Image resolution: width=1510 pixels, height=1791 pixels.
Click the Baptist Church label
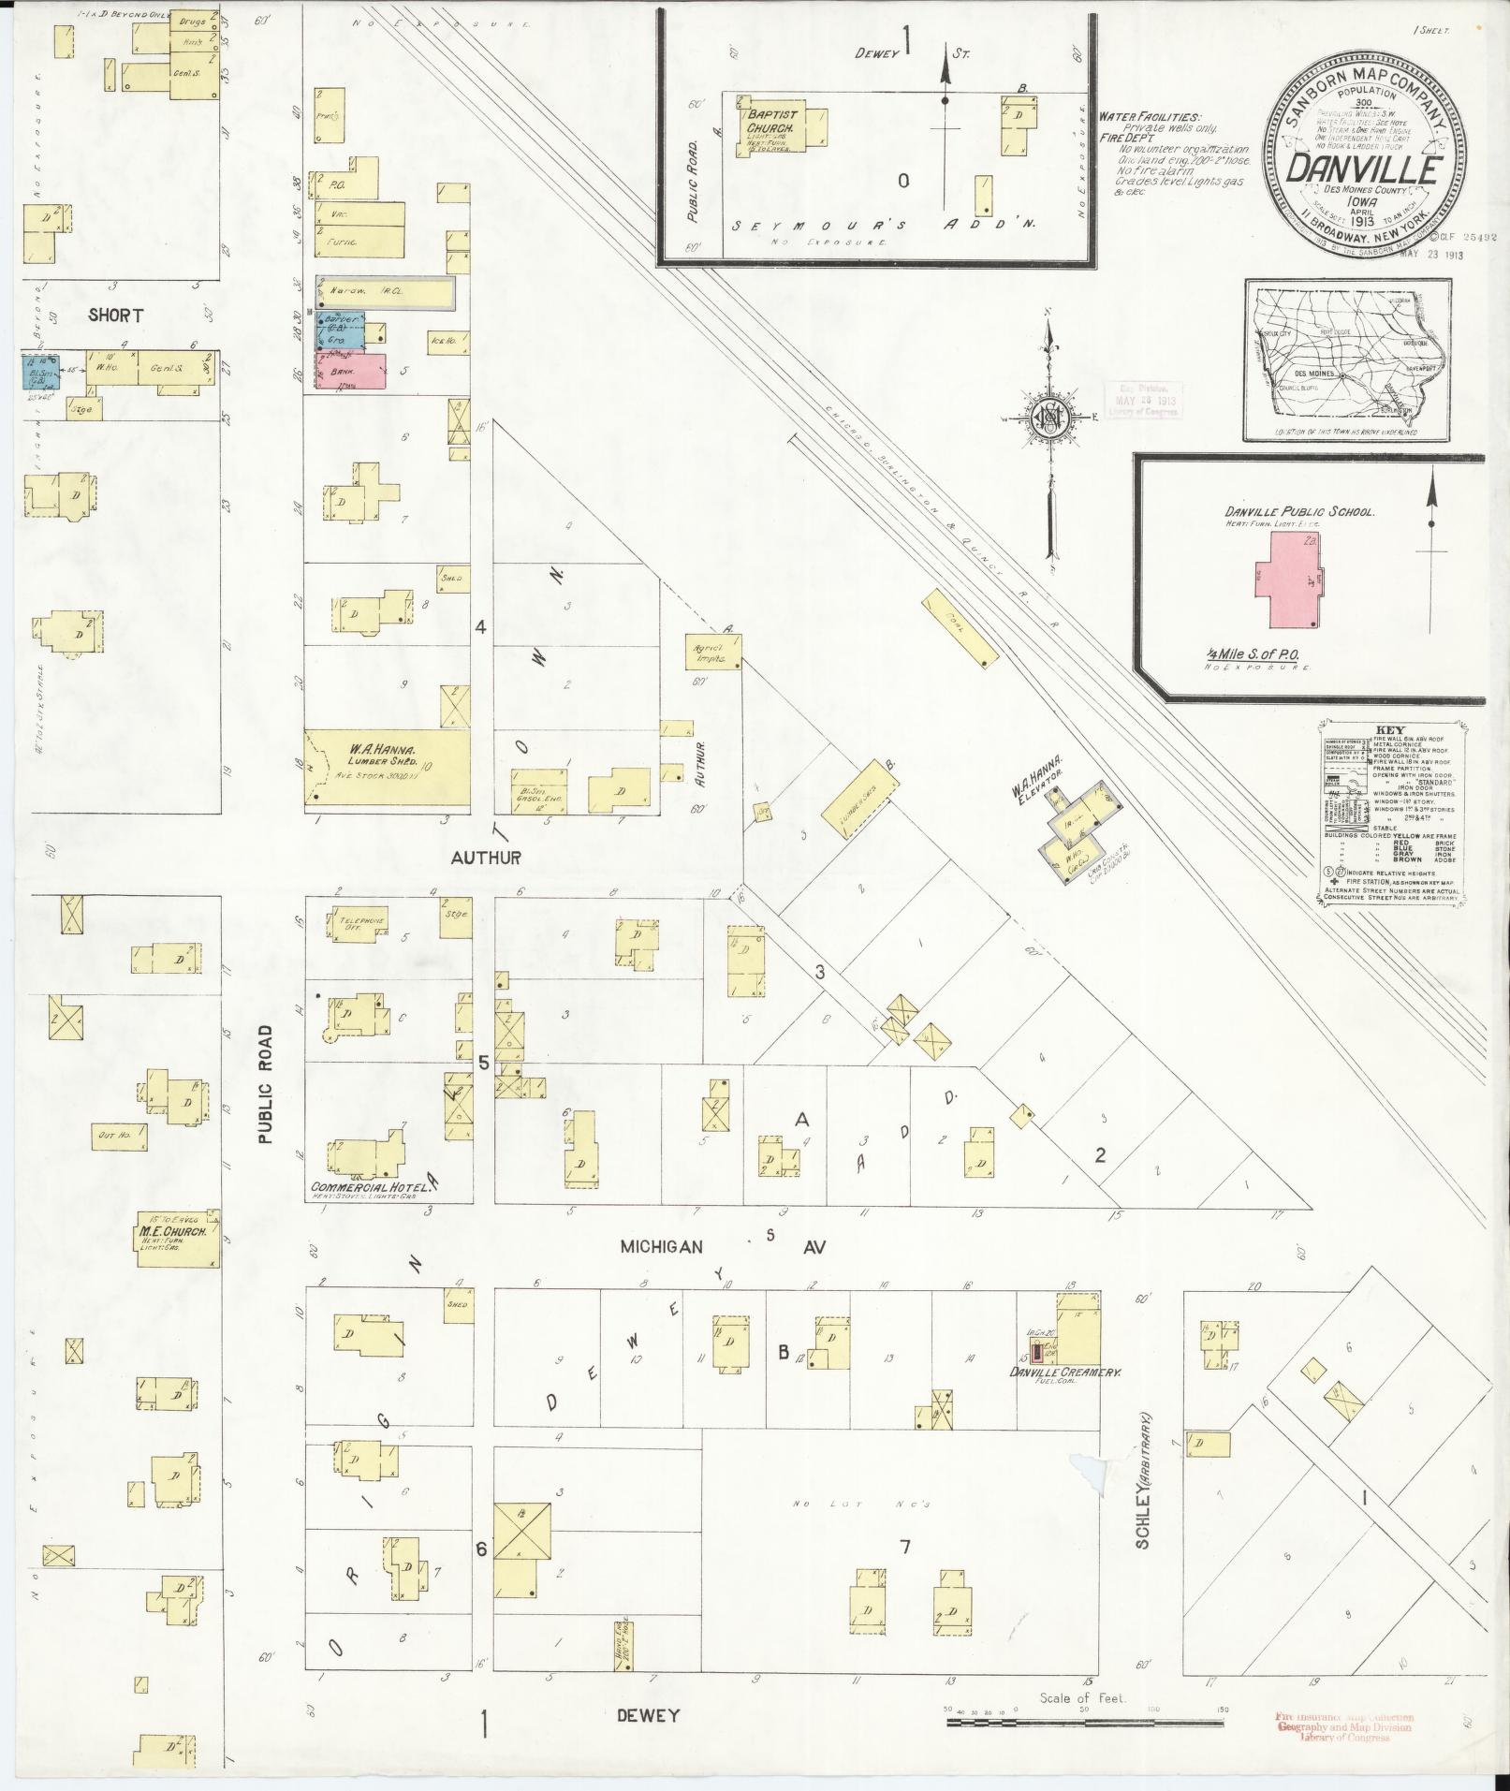click(770, 121)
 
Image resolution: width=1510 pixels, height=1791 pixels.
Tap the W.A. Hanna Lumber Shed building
click(388, 767)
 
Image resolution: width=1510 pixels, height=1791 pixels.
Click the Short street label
click(116, 316)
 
